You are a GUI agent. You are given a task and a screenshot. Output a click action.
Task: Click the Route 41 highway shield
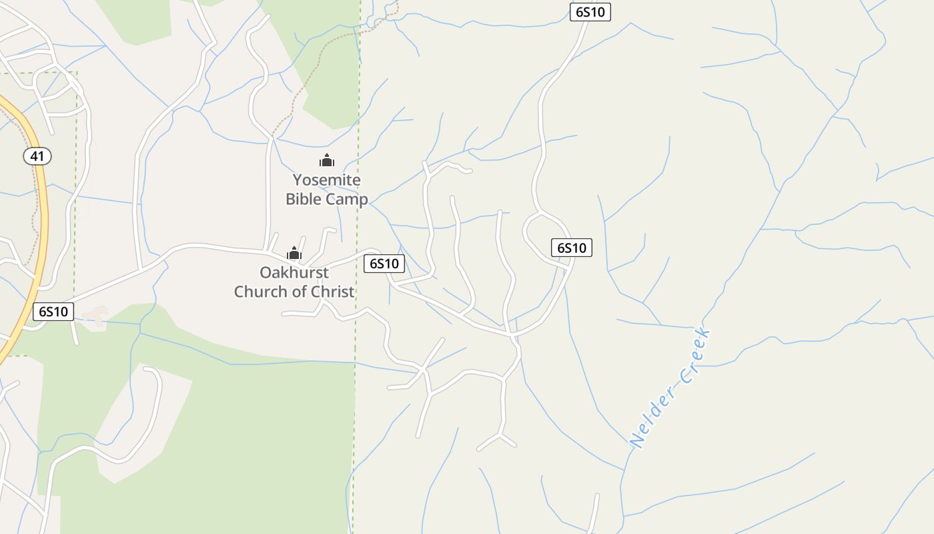pos(37,157)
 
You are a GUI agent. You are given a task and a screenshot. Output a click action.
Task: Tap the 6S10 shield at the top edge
pos(590,12)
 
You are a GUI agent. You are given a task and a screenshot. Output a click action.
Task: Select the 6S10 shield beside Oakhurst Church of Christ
pos(384,264)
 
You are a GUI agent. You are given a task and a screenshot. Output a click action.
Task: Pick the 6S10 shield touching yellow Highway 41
pos(53,312)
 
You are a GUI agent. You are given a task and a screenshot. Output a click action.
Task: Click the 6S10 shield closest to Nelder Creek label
pos(572,248)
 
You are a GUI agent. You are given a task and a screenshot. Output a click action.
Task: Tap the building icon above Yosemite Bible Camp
pos(326,160)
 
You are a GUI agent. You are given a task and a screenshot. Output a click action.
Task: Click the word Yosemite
pos(327,180)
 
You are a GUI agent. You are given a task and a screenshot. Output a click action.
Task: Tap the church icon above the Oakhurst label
pos(294,253)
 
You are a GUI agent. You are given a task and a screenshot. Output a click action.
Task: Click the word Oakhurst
pos(294,272)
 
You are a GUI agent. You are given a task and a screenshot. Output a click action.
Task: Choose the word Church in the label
pos(260,292)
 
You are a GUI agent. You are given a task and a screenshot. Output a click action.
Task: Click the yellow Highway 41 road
pos(41,220)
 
